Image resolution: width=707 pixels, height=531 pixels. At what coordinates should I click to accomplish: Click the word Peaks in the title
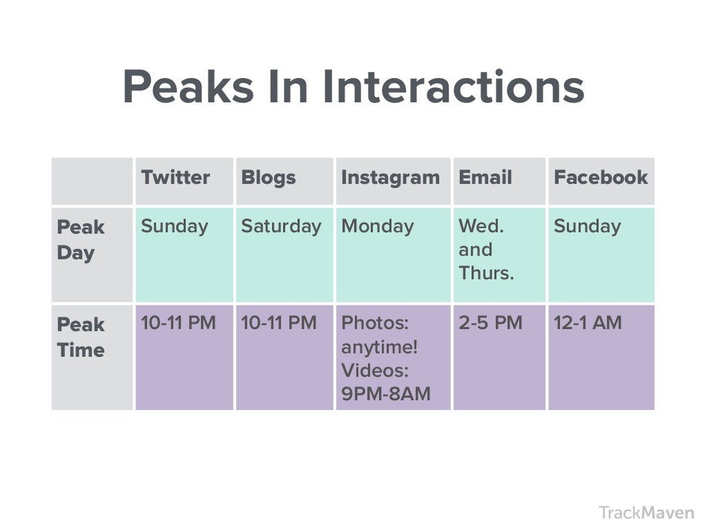(188, 86)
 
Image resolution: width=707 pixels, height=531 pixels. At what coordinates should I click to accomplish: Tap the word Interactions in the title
(453, 86)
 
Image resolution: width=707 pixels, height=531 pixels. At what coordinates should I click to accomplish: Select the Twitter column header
(175, 178)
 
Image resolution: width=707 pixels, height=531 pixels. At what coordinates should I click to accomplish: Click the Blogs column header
(269, 178)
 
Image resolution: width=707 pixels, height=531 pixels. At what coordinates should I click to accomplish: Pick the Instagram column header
(391, 178)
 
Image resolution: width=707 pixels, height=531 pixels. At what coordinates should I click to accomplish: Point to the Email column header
(485, 178)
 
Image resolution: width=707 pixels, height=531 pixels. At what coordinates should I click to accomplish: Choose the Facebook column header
(601, 178)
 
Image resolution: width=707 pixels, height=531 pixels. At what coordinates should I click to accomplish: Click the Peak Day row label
(81, 240)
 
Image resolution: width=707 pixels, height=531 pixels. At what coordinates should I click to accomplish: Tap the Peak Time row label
(81, 337)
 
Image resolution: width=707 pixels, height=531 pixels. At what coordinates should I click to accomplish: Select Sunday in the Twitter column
(175, 227)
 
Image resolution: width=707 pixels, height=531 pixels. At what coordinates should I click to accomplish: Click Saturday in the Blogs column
(282, 227)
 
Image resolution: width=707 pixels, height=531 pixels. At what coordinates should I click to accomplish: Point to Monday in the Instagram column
(378, 227)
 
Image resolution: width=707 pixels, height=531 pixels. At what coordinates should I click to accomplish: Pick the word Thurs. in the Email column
(486, 273)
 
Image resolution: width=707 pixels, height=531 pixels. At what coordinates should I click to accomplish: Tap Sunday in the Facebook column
(587, 227)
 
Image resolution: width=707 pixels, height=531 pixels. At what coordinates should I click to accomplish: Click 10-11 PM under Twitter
(179, 323)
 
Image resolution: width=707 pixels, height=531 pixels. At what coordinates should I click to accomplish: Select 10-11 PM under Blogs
(279, 323)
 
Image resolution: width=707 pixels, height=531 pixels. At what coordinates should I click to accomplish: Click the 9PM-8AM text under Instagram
(386, 393)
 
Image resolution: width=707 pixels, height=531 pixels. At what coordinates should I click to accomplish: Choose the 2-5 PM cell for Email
(491, 323)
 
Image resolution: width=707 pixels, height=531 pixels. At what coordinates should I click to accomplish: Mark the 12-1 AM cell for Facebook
(588, 323)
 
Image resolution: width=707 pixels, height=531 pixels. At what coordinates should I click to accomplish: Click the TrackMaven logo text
(646, 513)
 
